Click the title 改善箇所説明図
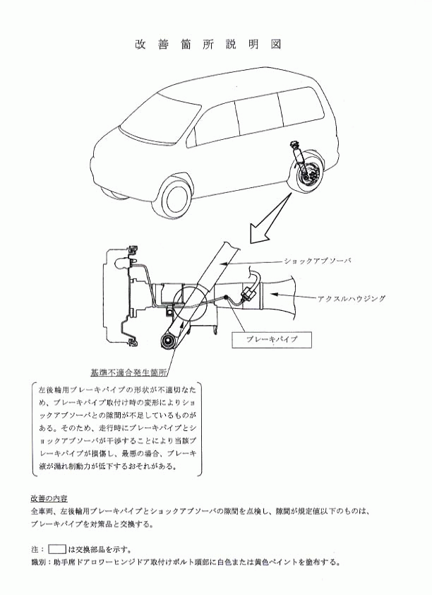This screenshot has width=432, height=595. tap(208, 45)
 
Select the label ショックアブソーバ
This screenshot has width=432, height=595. tap(318, 261)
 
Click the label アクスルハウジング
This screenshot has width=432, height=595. tap(352, 299)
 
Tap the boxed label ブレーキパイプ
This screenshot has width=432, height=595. tap(272, 340)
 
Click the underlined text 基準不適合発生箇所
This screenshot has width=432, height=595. tap(128, 372)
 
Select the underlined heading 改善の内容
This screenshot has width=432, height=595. tap(49, 498)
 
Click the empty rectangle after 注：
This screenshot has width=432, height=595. tap(57, 548)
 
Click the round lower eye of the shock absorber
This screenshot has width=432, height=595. tap(168, 341)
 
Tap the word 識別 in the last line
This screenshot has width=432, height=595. tap(38, 562)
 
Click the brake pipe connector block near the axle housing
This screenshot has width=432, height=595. tap(248, 293)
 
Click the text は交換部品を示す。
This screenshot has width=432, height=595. tap(100, 549)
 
